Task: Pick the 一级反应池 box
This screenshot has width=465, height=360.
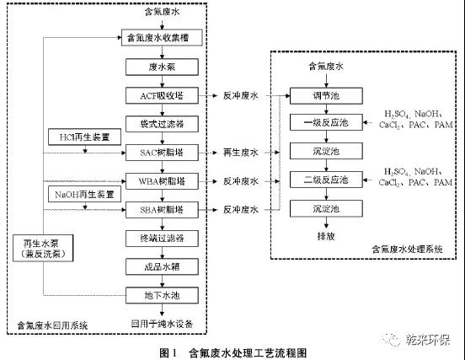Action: click(324, 124)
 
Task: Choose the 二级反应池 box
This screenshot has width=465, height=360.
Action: click(324, 180)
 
